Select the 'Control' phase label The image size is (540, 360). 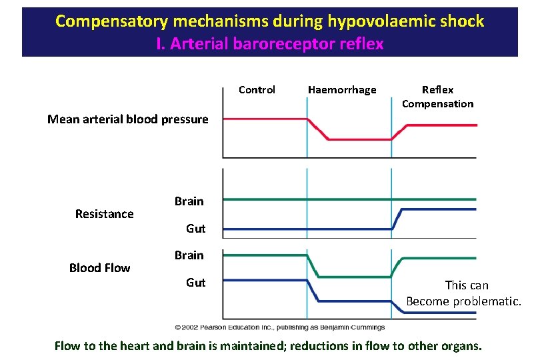pyautogui.click(x=257, y=90)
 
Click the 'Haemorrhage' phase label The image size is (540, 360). pyautogui.click(x=342, y=90)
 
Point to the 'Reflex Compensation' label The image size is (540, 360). pyautogui.click(x=437, y=97)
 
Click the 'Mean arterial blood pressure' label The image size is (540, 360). pyautogui.click(x=127, y=120)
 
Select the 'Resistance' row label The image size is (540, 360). pyautogui.click(x=104, y=214)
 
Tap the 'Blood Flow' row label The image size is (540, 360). pyautogui.click(x=99, y=268)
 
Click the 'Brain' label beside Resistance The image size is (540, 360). pyautogui.click(x=189, y=201)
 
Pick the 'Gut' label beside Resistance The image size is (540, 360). pyautogui.click(x=195, y=229)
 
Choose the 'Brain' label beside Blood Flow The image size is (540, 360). pyautogui.click(x=189, y=255)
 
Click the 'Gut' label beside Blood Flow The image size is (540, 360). pyautogui.click(x=195, y=283)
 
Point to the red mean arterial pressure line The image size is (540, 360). pyautogui.click(x=267, y=119)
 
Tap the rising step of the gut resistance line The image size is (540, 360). pyautogui.click(x=397, y=220)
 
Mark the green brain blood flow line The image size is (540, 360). pyautogui.click(x=267, y=255)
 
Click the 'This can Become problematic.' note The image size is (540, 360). pyautogui.click(x=464, y=293)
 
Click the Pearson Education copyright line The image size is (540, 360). pyautogui.click(x=279, y=327)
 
